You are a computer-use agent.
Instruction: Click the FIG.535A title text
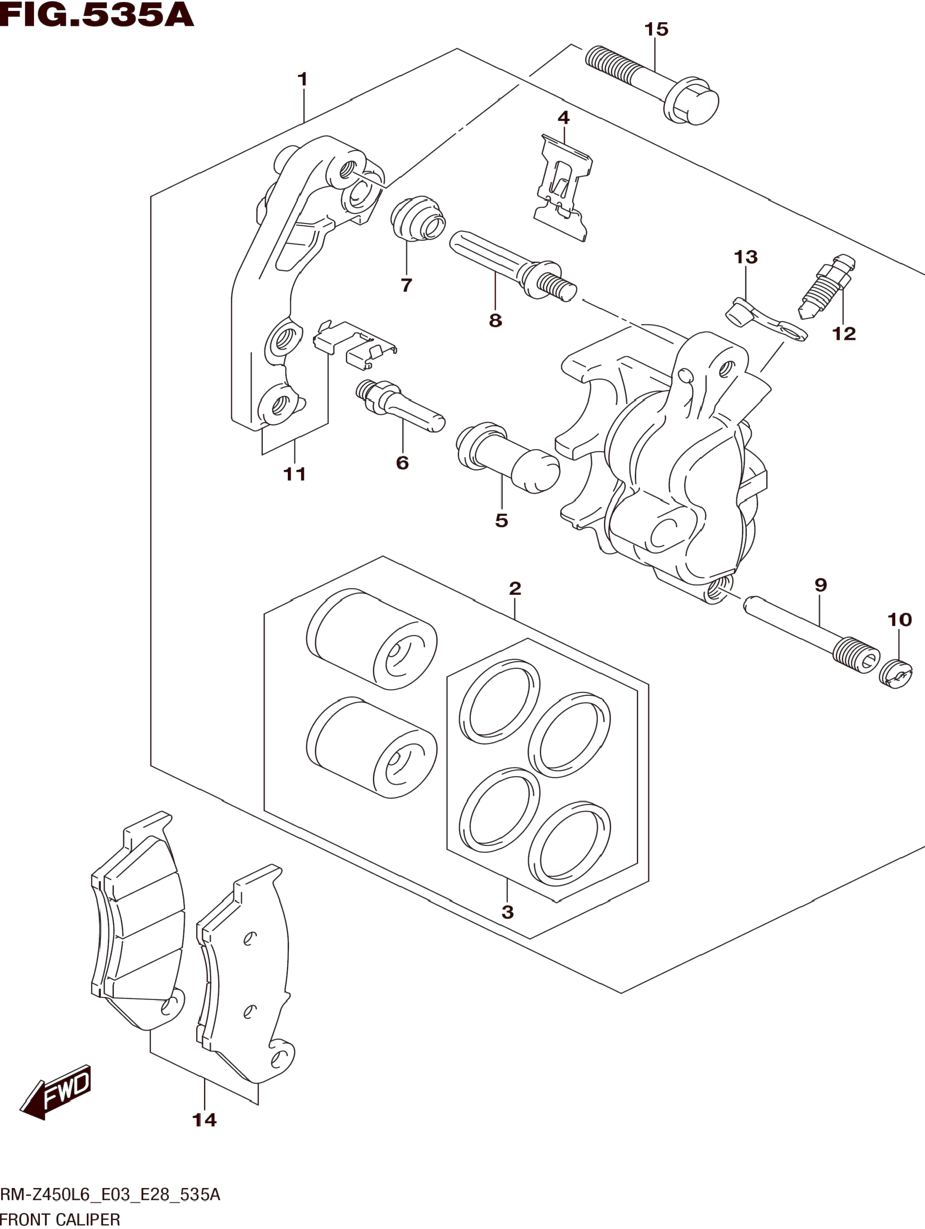[x=97, y=15]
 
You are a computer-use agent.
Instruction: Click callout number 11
[x=295, y=474]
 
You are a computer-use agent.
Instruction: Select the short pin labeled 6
[x=400, y=406]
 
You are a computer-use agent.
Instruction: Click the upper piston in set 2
[x=371, y=639]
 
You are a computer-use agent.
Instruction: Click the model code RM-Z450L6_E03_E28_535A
[x=110, y=1193]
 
